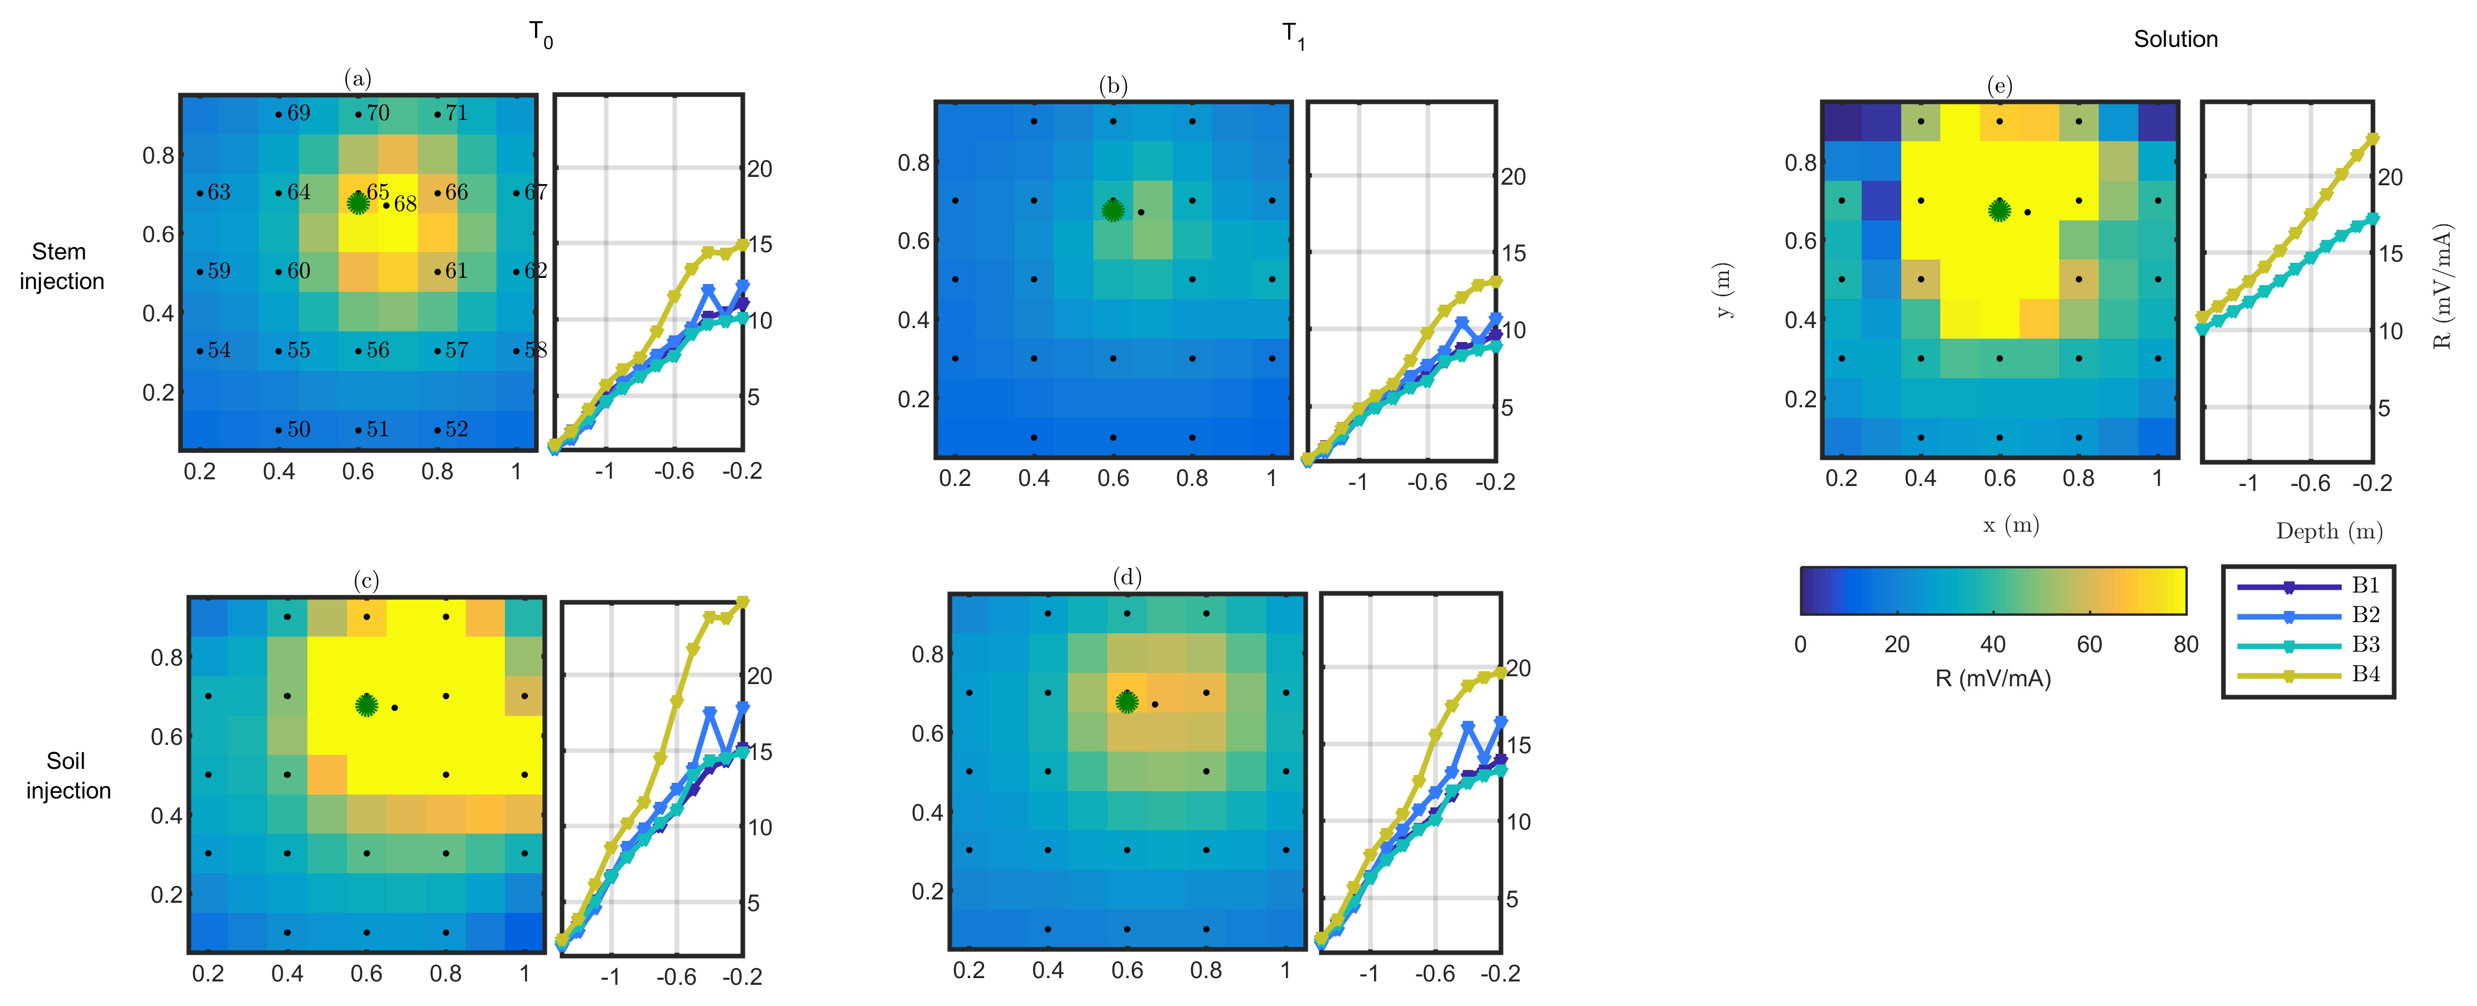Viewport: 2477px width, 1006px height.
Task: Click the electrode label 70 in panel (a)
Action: (x=378, y=113)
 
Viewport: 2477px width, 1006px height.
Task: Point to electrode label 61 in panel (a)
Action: (x=456, y=271)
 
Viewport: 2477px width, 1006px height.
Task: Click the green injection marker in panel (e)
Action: (x=1999, y=210)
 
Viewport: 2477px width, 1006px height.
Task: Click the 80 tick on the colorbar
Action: (x=2186, y=644)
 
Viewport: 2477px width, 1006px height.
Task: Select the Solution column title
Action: (x=2175, y=40)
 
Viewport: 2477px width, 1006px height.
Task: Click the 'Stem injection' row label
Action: (x=61, y=266)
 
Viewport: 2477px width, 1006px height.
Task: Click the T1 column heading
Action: (x=1293, y=36)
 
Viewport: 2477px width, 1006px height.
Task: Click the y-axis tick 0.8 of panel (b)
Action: (x=913, y=162)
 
